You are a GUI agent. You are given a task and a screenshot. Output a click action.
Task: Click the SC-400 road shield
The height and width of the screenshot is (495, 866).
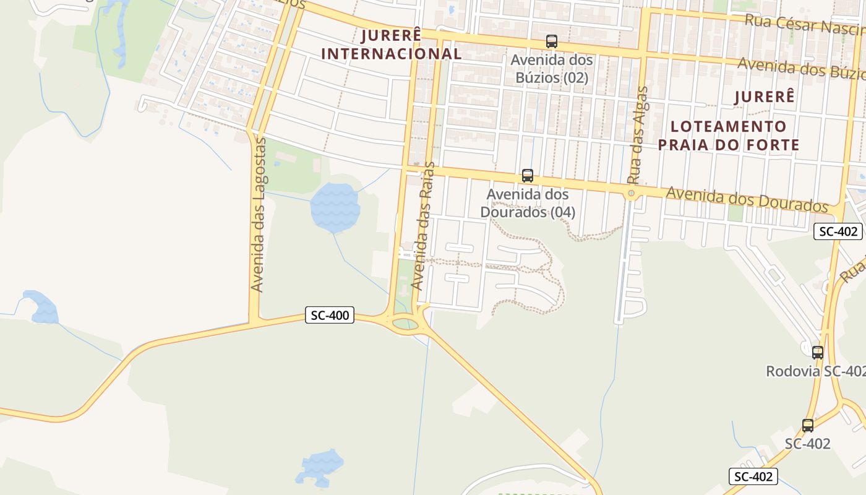[330, 316]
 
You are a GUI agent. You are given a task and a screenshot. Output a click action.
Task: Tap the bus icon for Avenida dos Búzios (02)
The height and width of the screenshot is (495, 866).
[551, 41]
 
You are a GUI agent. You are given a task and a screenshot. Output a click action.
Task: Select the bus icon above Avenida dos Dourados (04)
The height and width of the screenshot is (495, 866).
[527, 176]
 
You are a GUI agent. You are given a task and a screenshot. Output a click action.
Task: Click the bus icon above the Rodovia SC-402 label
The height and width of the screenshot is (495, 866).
[817, 353]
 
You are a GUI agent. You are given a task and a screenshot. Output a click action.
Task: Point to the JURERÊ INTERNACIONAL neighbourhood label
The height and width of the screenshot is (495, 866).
[391, 45]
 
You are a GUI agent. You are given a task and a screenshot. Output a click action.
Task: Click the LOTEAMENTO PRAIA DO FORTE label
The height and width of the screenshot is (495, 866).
[729, 136]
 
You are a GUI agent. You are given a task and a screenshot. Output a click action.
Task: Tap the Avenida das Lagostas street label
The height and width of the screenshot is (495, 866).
[259, 215]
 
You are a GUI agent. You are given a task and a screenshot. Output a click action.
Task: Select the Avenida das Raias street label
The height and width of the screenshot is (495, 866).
[424, 226]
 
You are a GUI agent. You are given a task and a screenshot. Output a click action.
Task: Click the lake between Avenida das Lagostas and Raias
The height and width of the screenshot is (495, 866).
[335, 207]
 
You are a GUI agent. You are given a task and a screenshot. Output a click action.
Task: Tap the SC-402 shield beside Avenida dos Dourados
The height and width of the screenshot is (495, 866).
[838, 231]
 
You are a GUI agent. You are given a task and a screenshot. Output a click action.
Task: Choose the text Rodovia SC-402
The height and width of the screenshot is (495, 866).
[815, 371]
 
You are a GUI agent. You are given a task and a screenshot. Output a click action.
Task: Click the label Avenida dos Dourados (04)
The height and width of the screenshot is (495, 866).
[528, 203]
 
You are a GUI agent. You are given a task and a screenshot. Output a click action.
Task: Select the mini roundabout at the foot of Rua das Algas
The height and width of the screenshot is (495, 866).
[631, 194]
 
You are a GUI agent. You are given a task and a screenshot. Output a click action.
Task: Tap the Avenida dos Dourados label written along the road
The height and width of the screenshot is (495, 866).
[747, 200]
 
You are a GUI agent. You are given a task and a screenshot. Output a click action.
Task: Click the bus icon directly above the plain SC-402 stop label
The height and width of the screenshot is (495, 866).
[808, 426]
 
